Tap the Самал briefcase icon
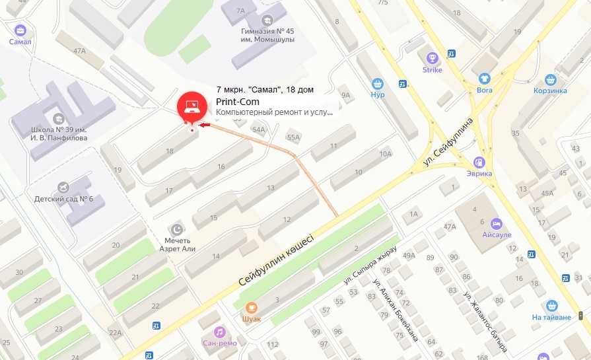tap(20, 30)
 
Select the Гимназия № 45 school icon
tap(267, 19)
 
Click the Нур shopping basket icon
tap(378, 84)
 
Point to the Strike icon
tap(433, 58)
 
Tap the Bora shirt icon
tap(485, 78)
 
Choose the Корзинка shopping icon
tap(550, 78)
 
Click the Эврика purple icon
tap(480, 162)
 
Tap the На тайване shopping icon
tap(552, 306)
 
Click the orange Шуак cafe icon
tap(252, 307)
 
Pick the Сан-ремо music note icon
tap(219, 331)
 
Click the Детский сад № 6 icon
tap(63, 188)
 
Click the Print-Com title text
tap(238, 102)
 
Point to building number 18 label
tap(170, 151)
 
